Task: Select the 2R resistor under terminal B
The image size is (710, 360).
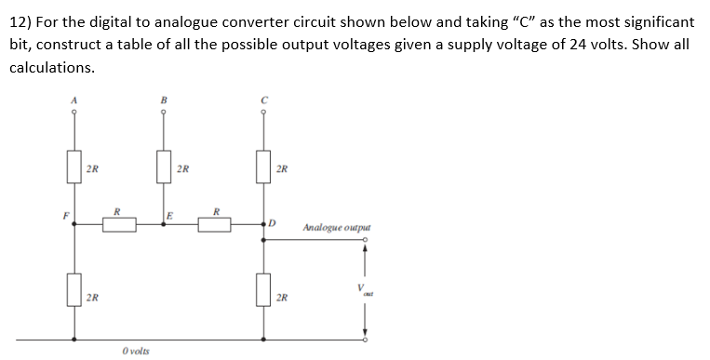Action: [x=165, y=168]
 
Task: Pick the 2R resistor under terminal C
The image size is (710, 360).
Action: [x=264, y=168]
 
